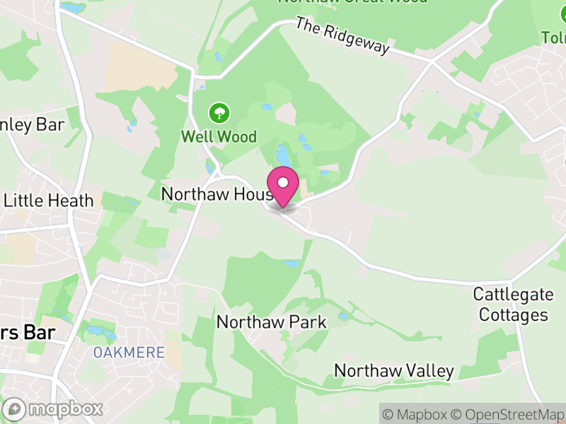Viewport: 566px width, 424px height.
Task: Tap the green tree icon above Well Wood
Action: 219,112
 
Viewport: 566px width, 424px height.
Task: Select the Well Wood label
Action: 219,136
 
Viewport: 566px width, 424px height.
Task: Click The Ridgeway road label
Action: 342,37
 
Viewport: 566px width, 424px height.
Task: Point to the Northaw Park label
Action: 271,322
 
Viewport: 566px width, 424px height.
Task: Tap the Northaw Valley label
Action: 393,371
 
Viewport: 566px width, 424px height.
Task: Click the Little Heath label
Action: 48,200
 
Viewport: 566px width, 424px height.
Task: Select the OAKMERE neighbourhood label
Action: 129,352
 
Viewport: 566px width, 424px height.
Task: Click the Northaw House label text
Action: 216,194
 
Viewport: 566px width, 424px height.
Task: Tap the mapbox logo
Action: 54,408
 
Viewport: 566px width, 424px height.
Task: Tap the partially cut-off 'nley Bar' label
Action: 32,126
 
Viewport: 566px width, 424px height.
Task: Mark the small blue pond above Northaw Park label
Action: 291,264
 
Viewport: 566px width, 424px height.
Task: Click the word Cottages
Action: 514,314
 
